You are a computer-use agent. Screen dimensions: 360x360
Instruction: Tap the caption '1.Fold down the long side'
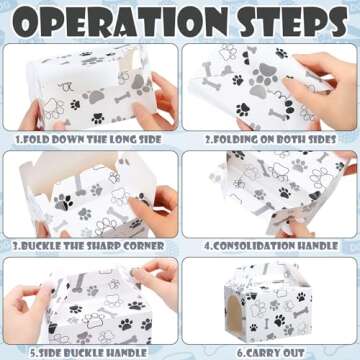coord(89,139)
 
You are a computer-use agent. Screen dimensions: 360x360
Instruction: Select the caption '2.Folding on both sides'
coord(270,139)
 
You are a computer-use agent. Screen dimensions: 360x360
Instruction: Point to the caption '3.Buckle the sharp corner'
coord(88,246)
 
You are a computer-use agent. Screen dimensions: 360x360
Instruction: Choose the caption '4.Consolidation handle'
coord(271,246)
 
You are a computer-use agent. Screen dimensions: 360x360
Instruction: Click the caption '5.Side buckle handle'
coord(88,353)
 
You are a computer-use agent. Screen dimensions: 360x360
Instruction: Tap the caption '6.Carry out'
coord(270,353)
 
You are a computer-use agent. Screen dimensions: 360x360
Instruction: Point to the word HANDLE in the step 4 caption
coord(317,246)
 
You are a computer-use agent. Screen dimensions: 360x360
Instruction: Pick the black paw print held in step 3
coord(63,202)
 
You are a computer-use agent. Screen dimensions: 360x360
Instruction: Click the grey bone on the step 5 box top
coord(80,283)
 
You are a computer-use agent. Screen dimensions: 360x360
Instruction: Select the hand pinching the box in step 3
coord(152,209)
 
